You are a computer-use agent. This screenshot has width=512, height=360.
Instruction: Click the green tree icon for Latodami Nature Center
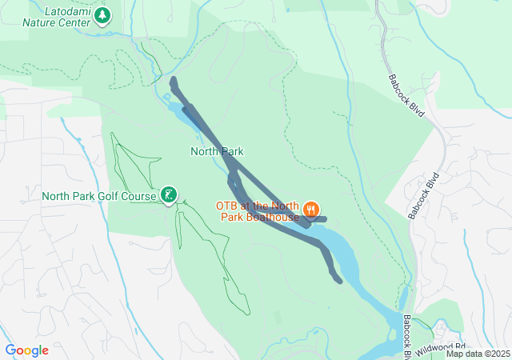[102, 15]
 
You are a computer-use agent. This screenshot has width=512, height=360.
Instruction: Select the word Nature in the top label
[42, 22]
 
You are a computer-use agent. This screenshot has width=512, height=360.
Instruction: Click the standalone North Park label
[217, 150]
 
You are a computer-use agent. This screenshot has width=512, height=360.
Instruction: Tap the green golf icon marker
[169, 194]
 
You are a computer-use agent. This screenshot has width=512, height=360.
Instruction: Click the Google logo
[26, 350]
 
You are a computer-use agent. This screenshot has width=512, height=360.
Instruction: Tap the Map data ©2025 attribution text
[478, 354]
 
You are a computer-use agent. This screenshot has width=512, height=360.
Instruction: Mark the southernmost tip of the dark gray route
[340, 280]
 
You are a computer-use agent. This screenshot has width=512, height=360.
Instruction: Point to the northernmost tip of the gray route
[173, 79]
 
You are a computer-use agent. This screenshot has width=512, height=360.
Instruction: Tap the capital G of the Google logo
[10, 350]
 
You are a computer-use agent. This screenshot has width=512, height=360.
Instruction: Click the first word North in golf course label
[58, 195]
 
